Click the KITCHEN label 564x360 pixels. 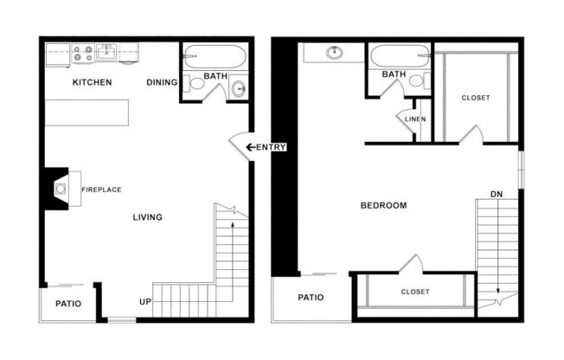(x=92, y=83)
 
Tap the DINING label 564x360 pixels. (x=162, y=83)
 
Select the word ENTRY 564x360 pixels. (x=271, y=147)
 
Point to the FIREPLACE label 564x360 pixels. (x=101, y=190)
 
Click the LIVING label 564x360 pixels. (x=147, y=217)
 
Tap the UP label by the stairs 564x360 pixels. (x=146, y=302)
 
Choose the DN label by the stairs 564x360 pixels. (x=497, y=194)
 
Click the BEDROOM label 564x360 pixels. (x=383, y=206)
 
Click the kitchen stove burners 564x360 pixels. (x=83, y=55)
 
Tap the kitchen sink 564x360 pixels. (x=106, y=53)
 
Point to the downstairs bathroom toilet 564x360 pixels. (x=196, y=84)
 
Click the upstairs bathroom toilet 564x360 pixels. (x=416, y=80)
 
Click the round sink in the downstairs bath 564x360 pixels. (x=239, y=89)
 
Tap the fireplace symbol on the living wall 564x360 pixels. (x=61, y=187)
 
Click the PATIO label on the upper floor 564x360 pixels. (x=311, y=298)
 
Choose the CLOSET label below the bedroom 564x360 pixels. (x=414, y=292)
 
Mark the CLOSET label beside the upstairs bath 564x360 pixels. (x=475, y=98)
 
